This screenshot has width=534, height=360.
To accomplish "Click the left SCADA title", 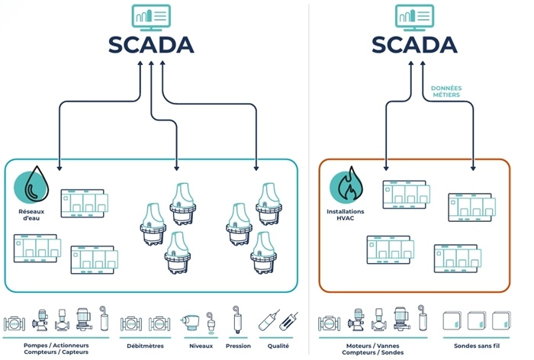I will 151,44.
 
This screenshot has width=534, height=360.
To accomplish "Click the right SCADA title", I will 415,44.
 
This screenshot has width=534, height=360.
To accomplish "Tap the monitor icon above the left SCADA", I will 151,16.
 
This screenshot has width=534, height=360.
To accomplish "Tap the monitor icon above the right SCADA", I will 415,16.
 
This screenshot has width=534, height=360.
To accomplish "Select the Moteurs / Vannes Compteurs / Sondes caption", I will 373,348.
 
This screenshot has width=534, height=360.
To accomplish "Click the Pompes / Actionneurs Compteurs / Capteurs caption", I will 57,348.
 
